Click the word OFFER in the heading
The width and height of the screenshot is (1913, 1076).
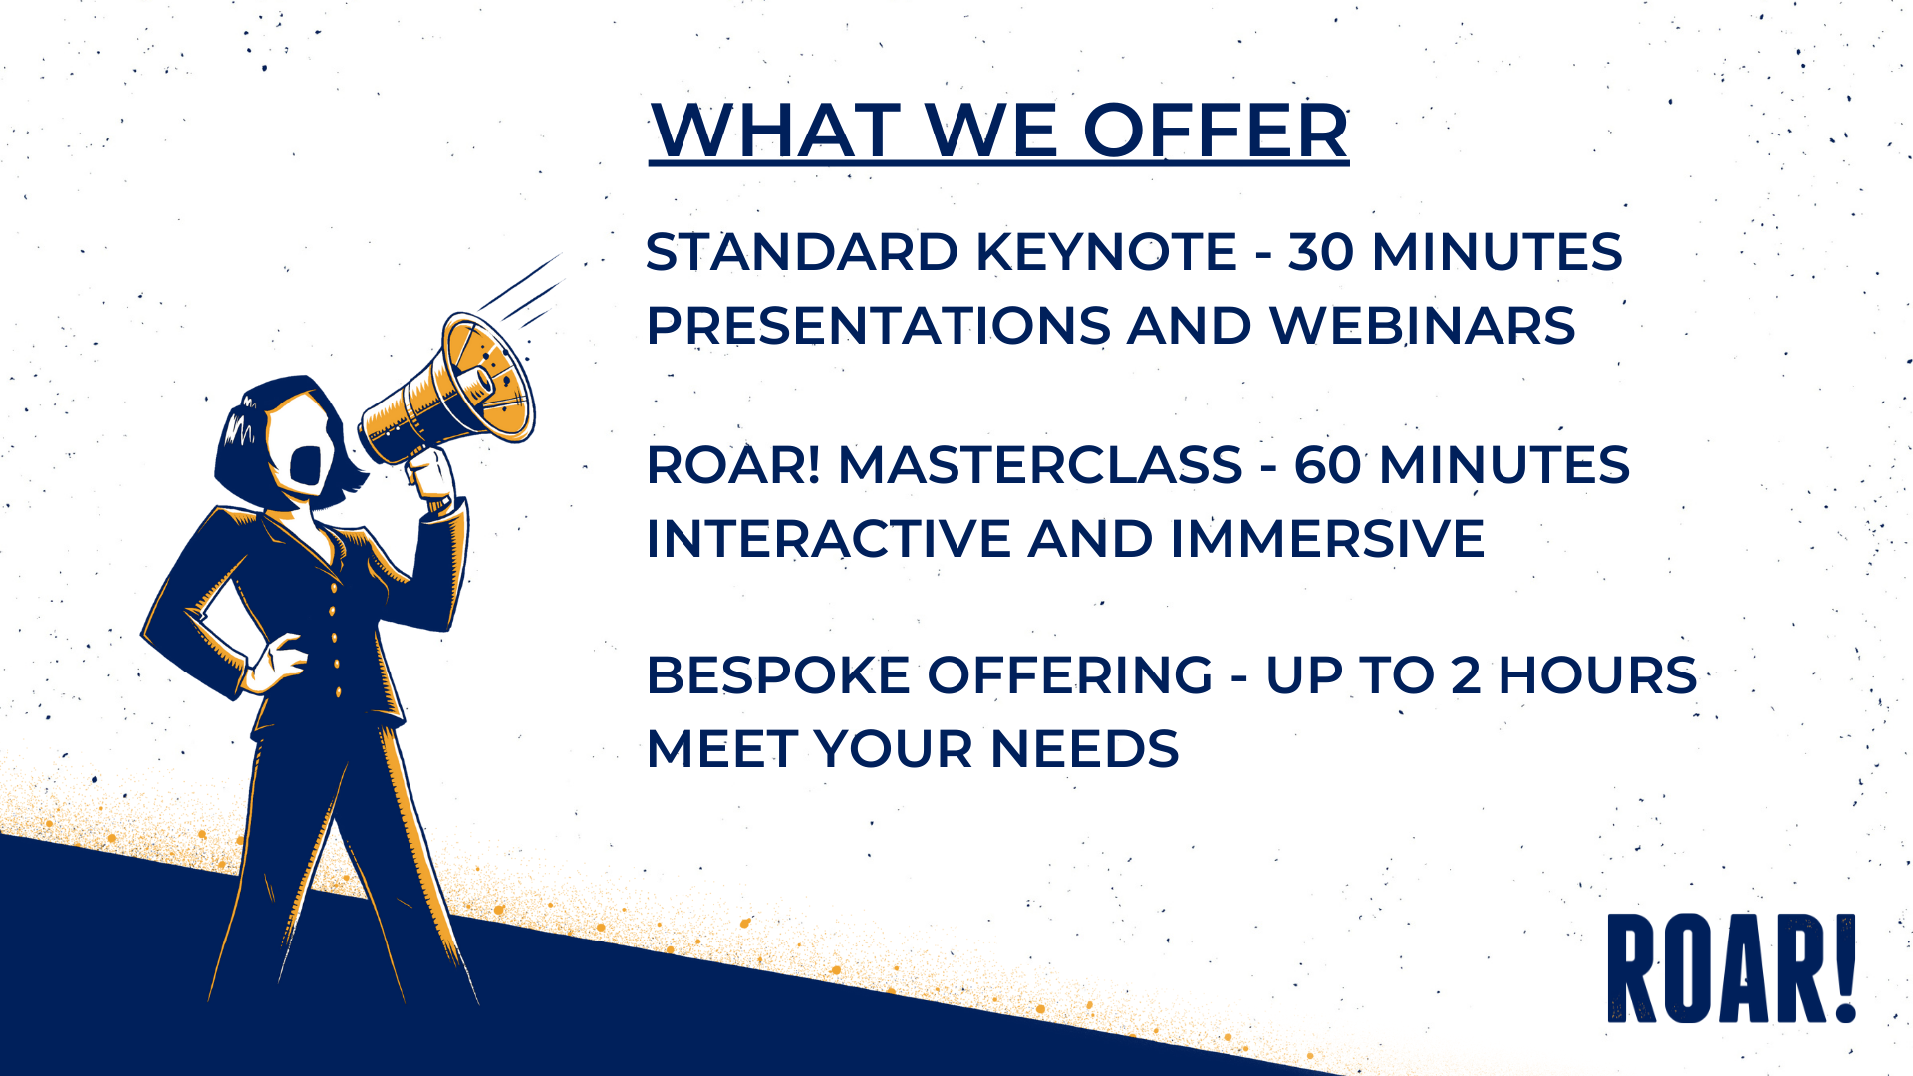tap(1216, 131)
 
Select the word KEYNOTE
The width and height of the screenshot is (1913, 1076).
tap(1106, 252)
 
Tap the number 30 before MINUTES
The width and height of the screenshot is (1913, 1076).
tap(1321, 252)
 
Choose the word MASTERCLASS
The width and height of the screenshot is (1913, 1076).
tap(1040, 465)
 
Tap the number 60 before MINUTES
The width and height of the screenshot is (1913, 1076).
tap(1328, 465)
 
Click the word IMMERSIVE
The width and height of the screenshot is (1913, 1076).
tap(1327, 539)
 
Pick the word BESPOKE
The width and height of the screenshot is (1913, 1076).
tap(778, 675)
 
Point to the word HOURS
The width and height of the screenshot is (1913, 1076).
tap(1597, 675)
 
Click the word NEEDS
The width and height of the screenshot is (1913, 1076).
tap(1084, 749)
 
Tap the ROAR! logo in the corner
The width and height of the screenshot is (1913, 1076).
tap(1732, 967)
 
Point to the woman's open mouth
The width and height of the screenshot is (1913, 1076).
tap(305, 466)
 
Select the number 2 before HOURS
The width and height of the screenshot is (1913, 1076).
tap(1466, 675)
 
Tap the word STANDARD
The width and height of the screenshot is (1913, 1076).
tap(801, 252)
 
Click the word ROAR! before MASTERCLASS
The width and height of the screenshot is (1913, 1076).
tap(733, 465)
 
